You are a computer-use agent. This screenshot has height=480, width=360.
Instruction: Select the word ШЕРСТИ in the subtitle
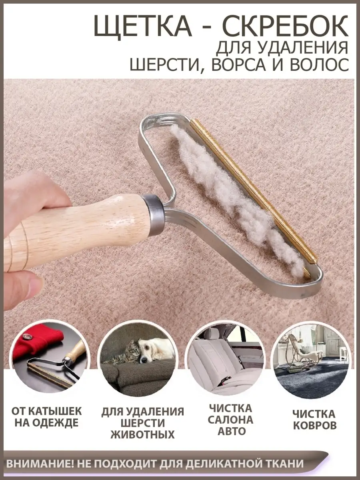166,64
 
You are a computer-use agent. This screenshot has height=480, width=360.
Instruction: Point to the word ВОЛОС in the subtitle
318,64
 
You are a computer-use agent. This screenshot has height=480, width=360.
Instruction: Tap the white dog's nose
145,359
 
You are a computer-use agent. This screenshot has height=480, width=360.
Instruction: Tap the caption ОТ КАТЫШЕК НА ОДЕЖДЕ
46,418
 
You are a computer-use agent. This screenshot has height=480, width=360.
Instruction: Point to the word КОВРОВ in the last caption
315,426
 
